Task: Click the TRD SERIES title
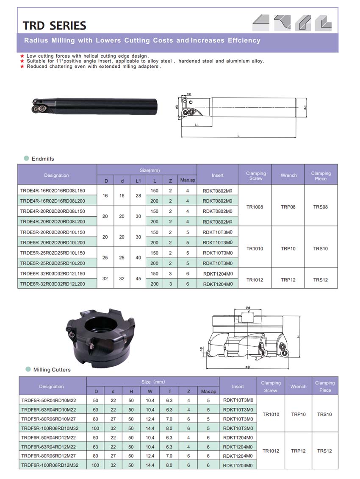coord(55,25)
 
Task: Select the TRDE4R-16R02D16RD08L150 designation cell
coord(53,190)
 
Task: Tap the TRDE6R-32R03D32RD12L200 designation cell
coord(53,284)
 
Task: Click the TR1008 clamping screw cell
coord(255,207)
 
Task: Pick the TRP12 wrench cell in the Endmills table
coord(288,280)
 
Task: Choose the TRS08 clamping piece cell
coord(321,207)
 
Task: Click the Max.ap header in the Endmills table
coord(187,181)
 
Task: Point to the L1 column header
coord(138,181)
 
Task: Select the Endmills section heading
coord(43,159)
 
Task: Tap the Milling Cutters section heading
coord(52,370)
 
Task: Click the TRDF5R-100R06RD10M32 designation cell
coord(50,428)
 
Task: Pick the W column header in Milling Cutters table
coord(150,391)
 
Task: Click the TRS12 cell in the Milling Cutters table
coord(324,451)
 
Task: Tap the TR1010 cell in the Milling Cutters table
coord(271,414)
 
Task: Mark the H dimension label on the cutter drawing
coord(299,337)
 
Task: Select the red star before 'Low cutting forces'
coord(22,56)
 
